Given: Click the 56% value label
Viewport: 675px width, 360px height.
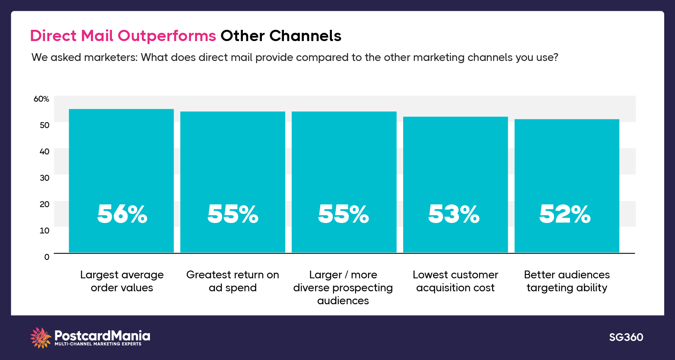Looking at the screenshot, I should (x=122, y=214).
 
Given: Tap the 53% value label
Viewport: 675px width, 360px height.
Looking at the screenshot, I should (x=454, y=214).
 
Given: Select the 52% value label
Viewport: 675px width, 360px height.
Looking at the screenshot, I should (x=565, y=214).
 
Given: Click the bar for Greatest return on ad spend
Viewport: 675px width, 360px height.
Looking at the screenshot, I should (x=232, y=164).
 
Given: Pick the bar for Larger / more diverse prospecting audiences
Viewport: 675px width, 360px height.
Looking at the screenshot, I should (x=344, y=164).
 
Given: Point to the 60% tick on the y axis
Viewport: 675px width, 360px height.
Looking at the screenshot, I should (x=41, y=99).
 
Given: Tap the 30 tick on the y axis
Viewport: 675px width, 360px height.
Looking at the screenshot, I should (x=45, y=178).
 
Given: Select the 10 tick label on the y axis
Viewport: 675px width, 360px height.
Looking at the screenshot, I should (x=45, y=230).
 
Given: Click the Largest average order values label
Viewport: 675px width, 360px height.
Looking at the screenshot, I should (x=122, y=281).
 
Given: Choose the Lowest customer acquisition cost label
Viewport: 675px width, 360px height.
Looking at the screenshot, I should (x=455, y=281).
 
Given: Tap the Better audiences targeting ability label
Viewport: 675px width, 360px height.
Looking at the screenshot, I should (x=567, y=281).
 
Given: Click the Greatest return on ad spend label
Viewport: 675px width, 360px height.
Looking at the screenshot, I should (x=232, y=281).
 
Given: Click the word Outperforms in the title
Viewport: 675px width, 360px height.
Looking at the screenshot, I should (x=167, y=36).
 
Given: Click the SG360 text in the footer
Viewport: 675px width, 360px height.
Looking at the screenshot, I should (x=626, y=337).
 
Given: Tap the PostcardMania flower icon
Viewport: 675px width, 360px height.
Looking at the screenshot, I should (x=41, y=338).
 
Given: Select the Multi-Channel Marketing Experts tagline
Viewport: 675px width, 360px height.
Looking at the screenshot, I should (x=98, y=344).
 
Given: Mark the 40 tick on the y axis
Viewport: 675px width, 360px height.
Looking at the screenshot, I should (x=45, y=151).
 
